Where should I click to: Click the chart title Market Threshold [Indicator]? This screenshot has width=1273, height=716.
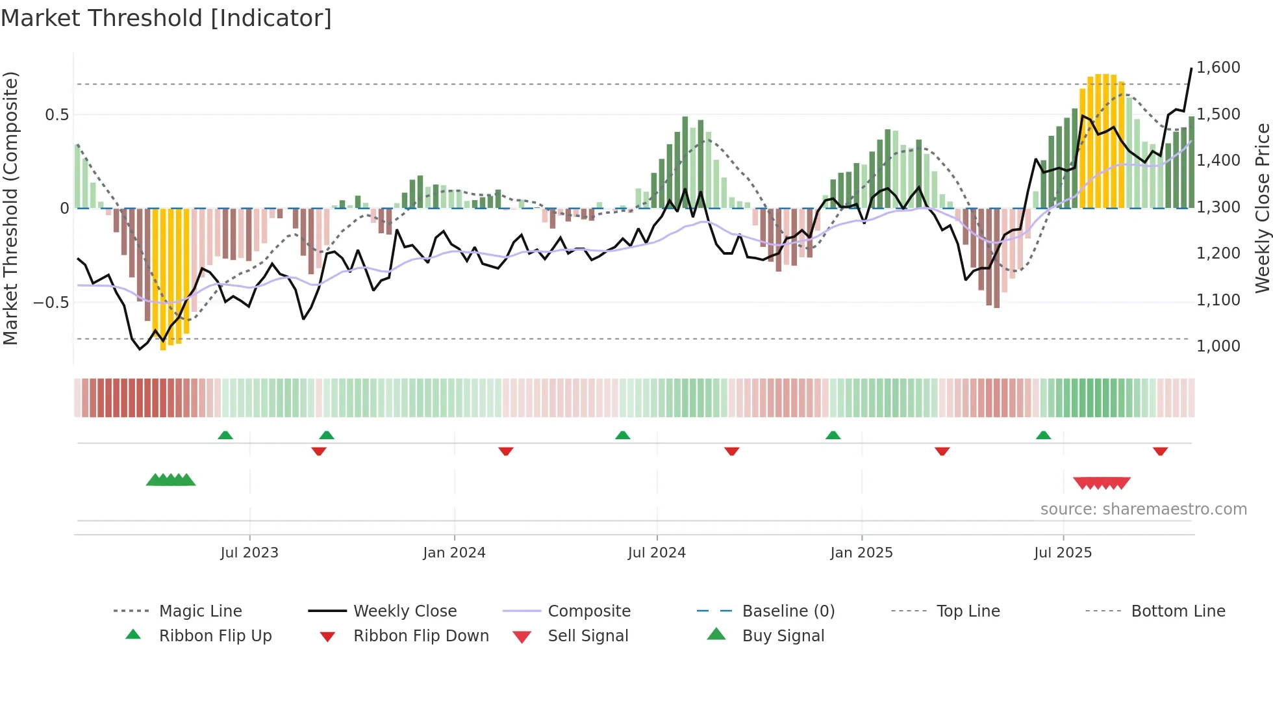(166, 18)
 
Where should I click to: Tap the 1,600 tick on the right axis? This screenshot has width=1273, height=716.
(1218, 68)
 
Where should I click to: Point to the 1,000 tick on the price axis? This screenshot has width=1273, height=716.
(1218, 346)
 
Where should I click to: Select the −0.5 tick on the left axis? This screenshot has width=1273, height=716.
(51, 303)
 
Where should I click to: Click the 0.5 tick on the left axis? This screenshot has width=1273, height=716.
(57, 115)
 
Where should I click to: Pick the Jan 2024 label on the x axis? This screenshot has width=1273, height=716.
(454, 553)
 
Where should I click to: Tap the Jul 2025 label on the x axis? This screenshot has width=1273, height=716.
(1063, 553)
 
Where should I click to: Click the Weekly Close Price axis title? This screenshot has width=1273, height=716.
(1262, 208)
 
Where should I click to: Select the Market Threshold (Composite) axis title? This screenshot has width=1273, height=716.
(10, 208)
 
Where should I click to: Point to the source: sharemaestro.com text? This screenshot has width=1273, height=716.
(1143, 509)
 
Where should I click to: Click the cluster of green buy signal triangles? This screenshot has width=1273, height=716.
(171, 480)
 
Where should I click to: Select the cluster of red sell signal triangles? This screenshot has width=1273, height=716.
(1102, 483)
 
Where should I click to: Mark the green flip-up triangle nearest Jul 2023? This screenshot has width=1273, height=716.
(225, 435)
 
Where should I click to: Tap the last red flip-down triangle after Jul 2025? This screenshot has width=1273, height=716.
(1160, 451)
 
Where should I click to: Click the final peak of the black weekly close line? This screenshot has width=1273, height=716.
(1191, 68)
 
